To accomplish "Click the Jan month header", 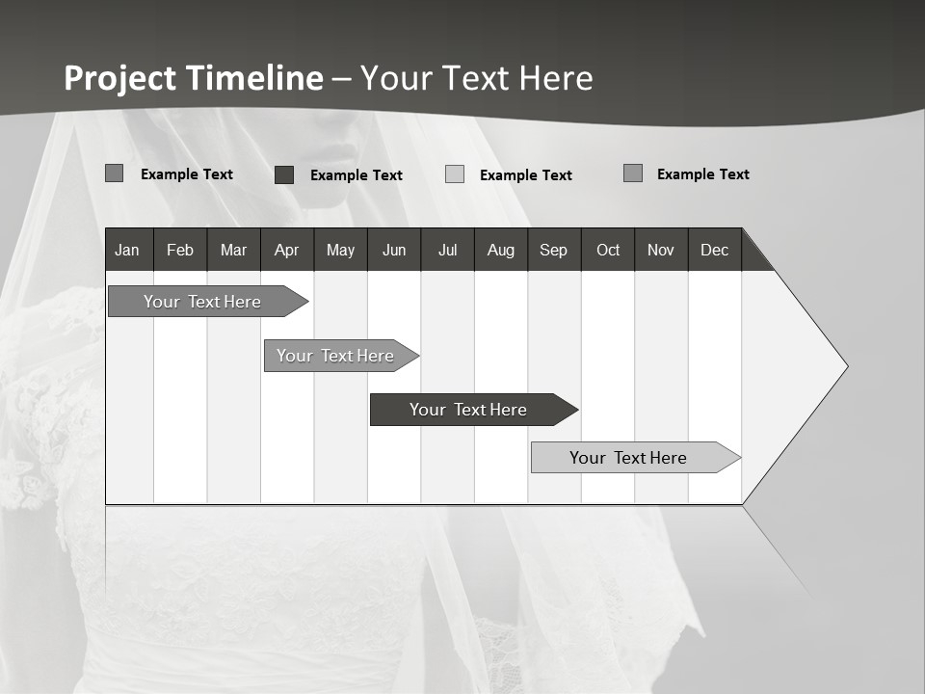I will (127, 250).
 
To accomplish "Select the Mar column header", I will (233, 250).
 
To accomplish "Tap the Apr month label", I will (286, 250).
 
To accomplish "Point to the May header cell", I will (340, 250).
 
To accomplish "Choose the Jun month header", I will (394, 250).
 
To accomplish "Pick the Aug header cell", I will (500, 250).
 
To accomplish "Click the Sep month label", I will (553, 250).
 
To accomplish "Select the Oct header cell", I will (608, 250).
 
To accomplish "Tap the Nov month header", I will (660, 250).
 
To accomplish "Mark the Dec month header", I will (714, 250).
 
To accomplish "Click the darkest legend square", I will (284, 174).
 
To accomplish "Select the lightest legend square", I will (455, 174).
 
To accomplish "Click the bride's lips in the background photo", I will (336, 154).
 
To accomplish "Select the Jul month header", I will (447, 250).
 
